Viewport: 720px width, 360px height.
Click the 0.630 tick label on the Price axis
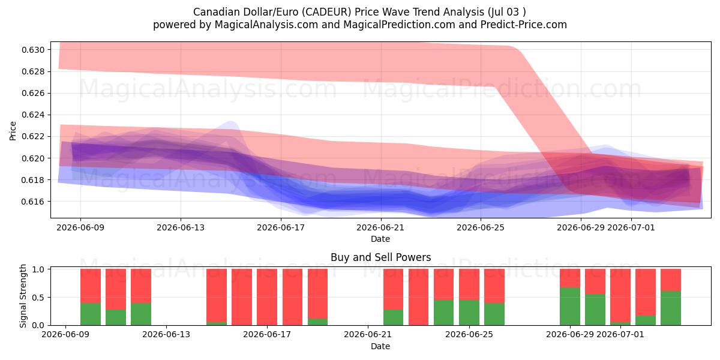click(x=33, y=50)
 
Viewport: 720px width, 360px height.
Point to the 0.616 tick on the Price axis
click(x=33, y=202)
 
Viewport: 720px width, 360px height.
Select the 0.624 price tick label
click(x=33, y=115)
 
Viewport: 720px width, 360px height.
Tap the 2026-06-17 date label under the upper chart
click(x=281, y=227)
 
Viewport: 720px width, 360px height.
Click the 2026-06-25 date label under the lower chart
click(x=469, y=335)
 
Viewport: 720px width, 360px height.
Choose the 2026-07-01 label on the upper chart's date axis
click(x=631, y=227)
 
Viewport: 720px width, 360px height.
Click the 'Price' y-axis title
click(x=13, y=131)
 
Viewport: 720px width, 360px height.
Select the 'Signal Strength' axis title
click(x=23, y=296)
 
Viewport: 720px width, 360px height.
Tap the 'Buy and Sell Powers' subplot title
click(x=380, y=257)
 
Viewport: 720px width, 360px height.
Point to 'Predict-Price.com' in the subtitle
click(x=524, y=25)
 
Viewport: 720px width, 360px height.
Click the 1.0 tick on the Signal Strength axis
click(x=39, y=269)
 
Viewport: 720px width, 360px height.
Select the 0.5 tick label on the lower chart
click(x=39, y=298)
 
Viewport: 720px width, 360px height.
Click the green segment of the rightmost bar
click(x=671, y=308)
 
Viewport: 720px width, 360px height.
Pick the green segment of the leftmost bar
click(x=91, y=314)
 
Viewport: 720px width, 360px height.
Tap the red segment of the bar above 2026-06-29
click(x=570, y=278)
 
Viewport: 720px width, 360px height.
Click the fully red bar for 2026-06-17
click(x=267, y=297)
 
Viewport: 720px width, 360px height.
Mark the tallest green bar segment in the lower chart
click(x=570, y=307)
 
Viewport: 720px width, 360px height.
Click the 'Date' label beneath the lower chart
click(x=380, y=347)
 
